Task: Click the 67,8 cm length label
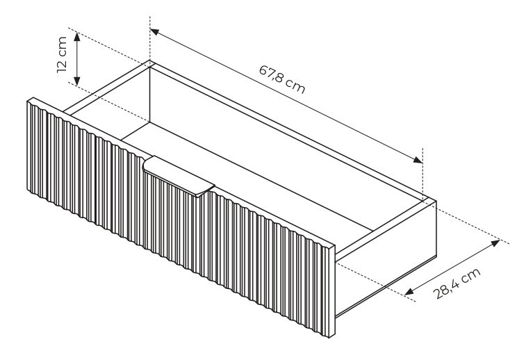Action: (x=282, y=79)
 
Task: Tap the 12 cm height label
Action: (x=62, y=55)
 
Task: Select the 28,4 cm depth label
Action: (x=457, y=283)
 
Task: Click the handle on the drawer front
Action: (x=179, y=177)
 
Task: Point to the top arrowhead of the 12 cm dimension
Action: (x=77, y=36)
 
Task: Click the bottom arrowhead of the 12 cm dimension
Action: (x=77, y=81)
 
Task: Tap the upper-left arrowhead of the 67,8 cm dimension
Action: (x=155, y=32)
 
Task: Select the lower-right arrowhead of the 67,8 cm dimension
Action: (x=418, y=160)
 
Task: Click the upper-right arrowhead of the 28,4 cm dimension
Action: (x=495, y=243)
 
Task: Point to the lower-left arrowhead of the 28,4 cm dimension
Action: (x=409, y=291)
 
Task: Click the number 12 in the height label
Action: (x=62, y=66)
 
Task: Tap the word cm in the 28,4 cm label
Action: (x=471, y=275)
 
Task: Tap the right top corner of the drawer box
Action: (x=429, y=198)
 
